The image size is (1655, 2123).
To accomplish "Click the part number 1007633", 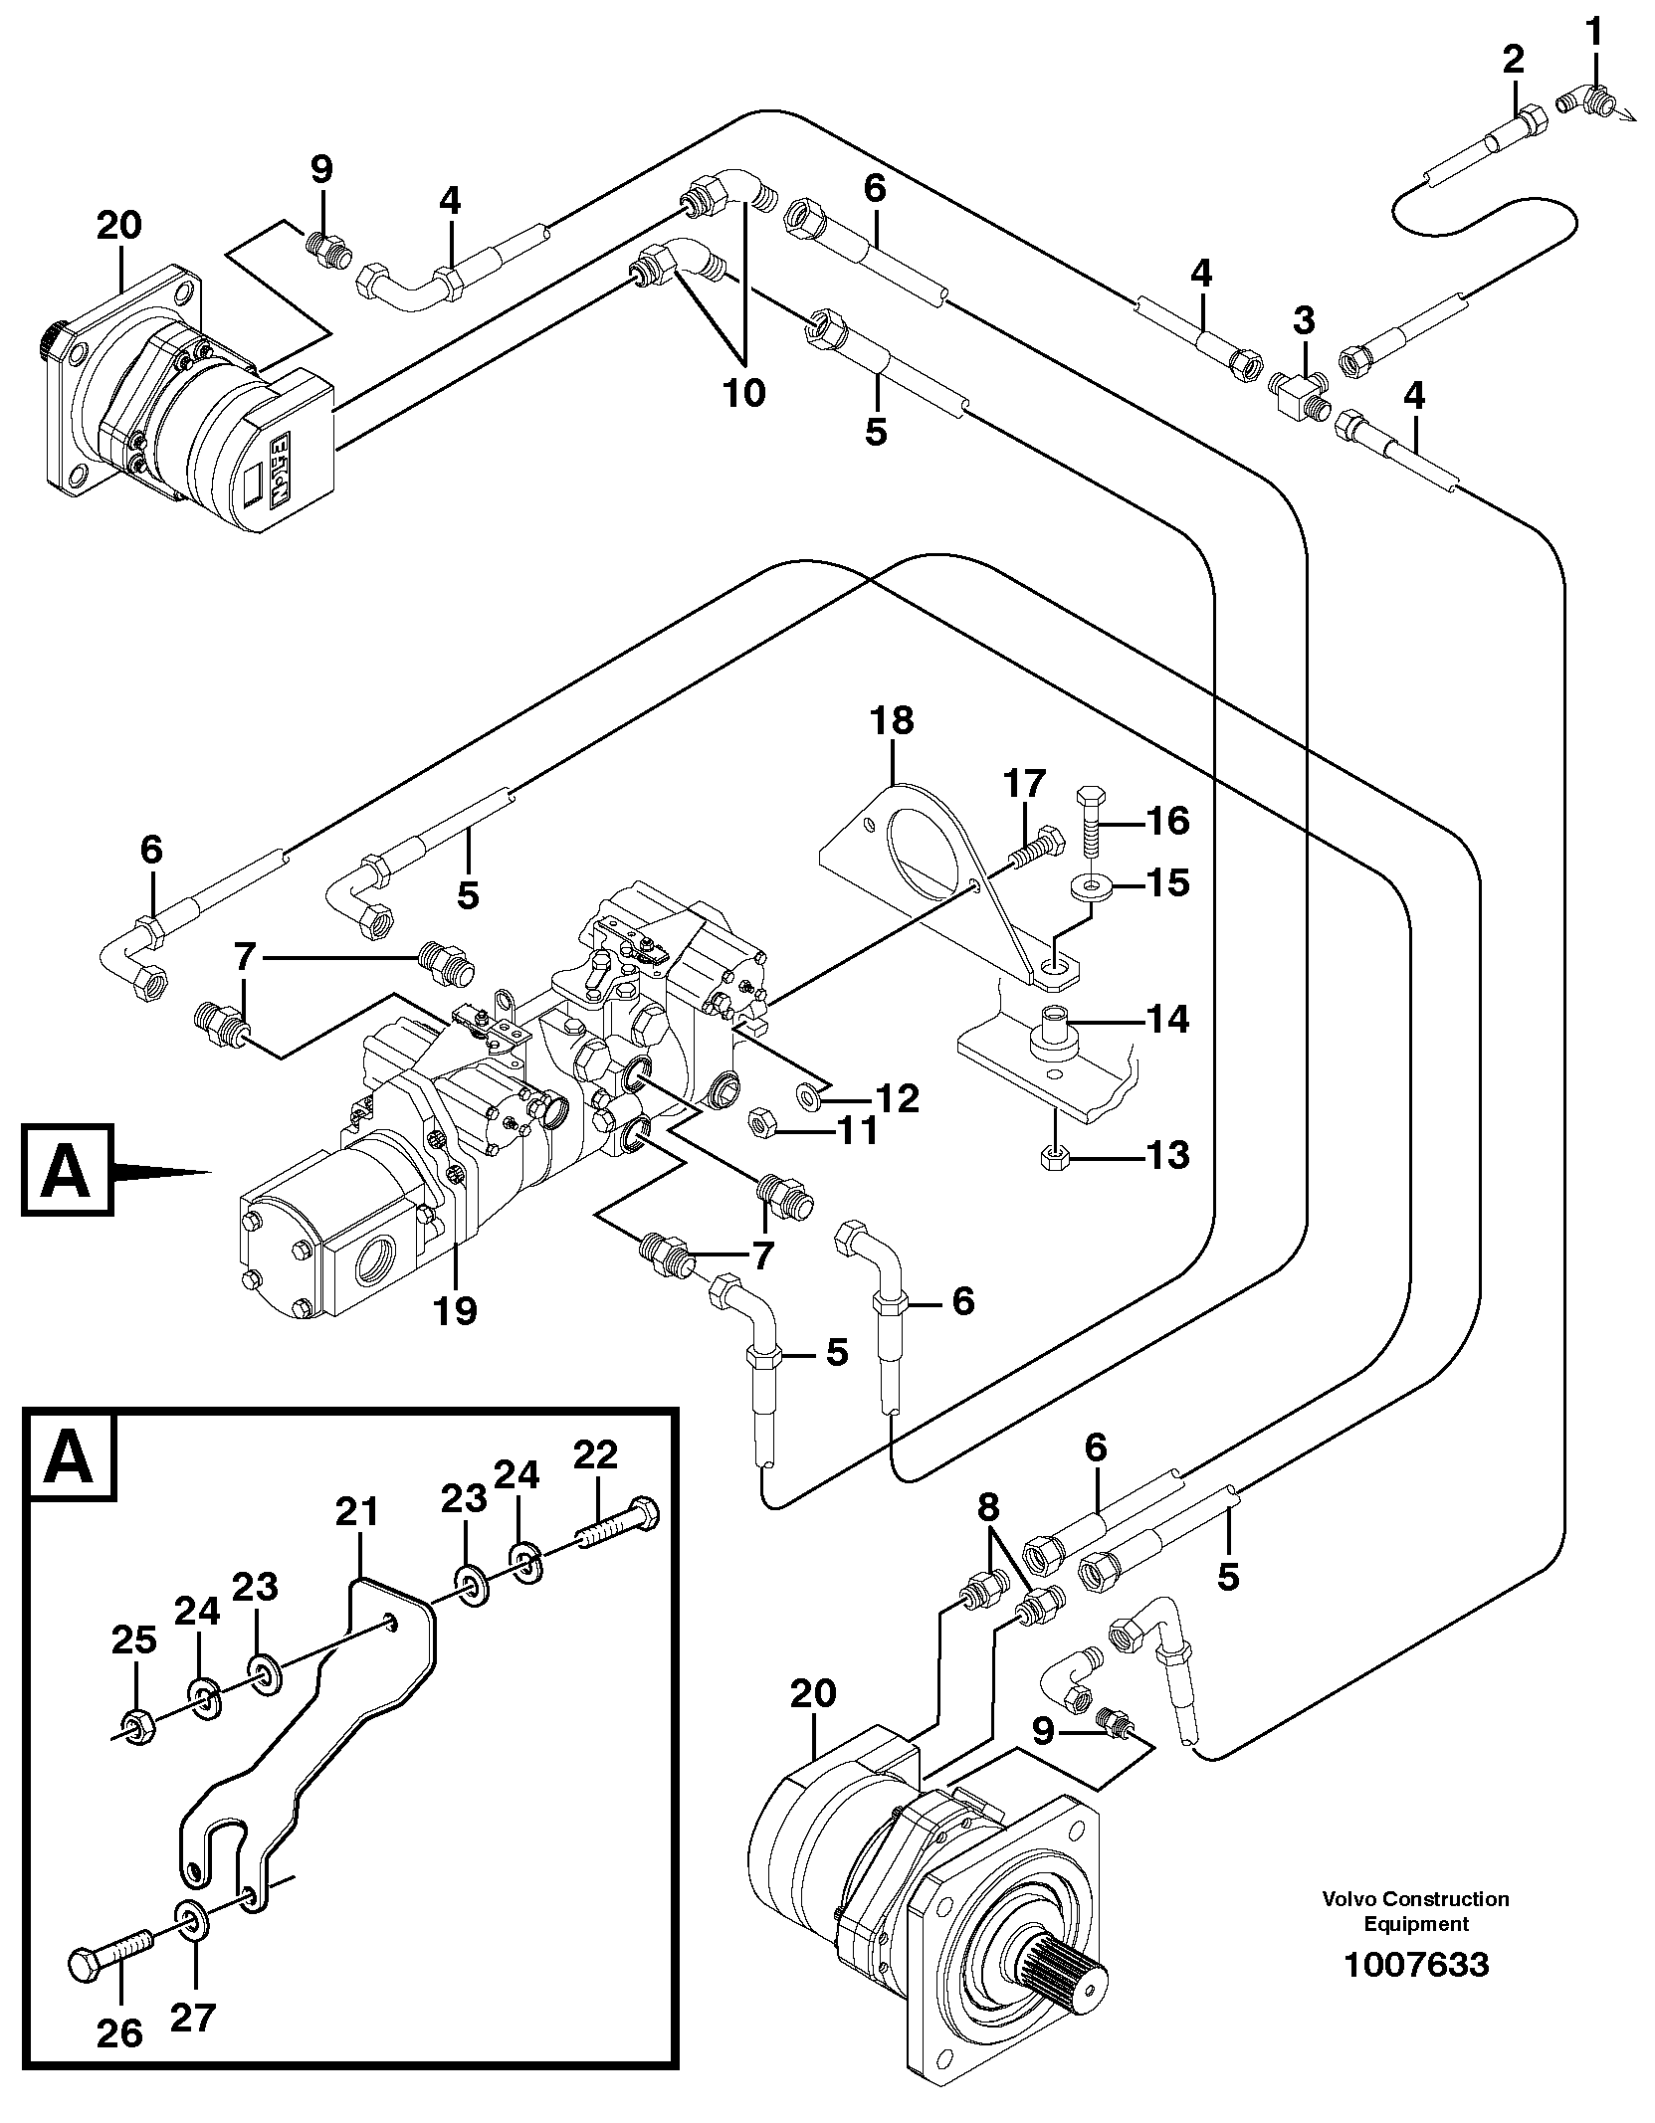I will point(1415,1937).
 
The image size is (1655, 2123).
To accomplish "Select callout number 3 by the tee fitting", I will point(1303,321).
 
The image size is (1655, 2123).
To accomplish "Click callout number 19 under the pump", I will point(456,1311).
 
